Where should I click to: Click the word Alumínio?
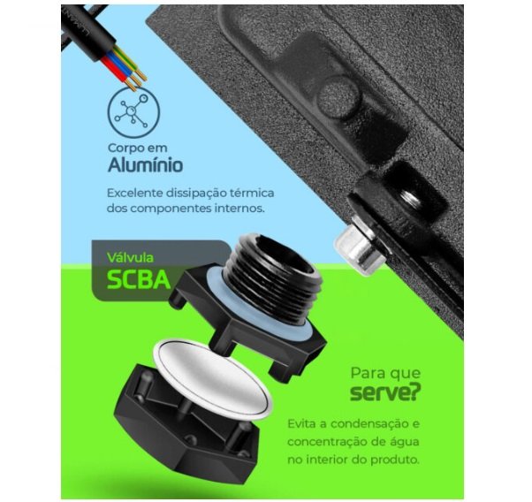(x=146, y=165)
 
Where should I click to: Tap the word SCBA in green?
(x=139, y=279)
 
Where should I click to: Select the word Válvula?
(x=130, y=257)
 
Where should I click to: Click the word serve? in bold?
(x=385, y=392)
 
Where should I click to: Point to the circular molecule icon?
(x=133, y=112)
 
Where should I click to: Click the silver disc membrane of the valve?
(x=213, y=381)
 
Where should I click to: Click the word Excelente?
(x=134, y=194)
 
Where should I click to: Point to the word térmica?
(x=252, y=194)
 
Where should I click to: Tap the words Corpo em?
(x=137, y=148)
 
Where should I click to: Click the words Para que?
(x=385, y=374)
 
